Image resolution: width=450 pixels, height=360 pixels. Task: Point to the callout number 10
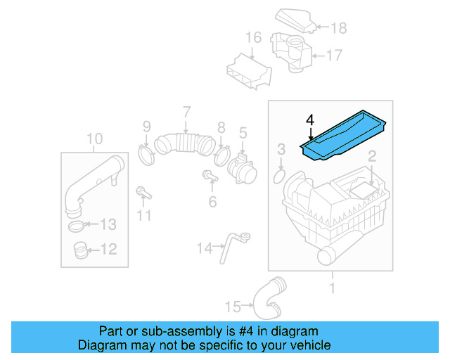pyautogui.click(x=94, y=138)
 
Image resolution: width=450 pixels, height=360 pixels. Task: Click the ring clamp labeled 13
pyautogui.click(x=79, y=226)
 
